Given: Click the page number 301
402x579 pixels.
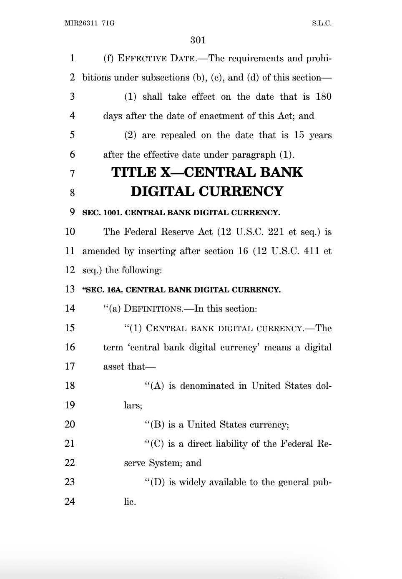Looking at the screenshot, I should [x=198, y=40].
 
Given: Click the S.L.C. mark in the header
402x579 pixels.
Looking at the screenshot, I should [x=322, y=23].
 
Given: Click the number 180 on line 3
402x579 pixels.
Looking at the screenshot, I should [x=324, y=97].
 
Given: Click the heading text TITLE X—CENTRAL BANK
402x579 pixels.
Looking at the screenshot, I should [x=207, y=172].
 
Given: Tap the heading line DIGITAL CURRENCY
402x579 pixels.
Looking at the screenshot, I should [x=207, y=191].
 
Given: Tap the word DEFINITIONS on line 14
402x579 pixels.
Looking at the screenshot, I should [x=153, y=309].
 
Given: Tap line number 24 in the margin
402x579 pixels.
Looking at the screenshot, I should [x=70, y=501].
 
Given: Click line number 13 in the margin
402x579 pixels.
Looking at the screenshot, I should [x=70, y=289].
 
